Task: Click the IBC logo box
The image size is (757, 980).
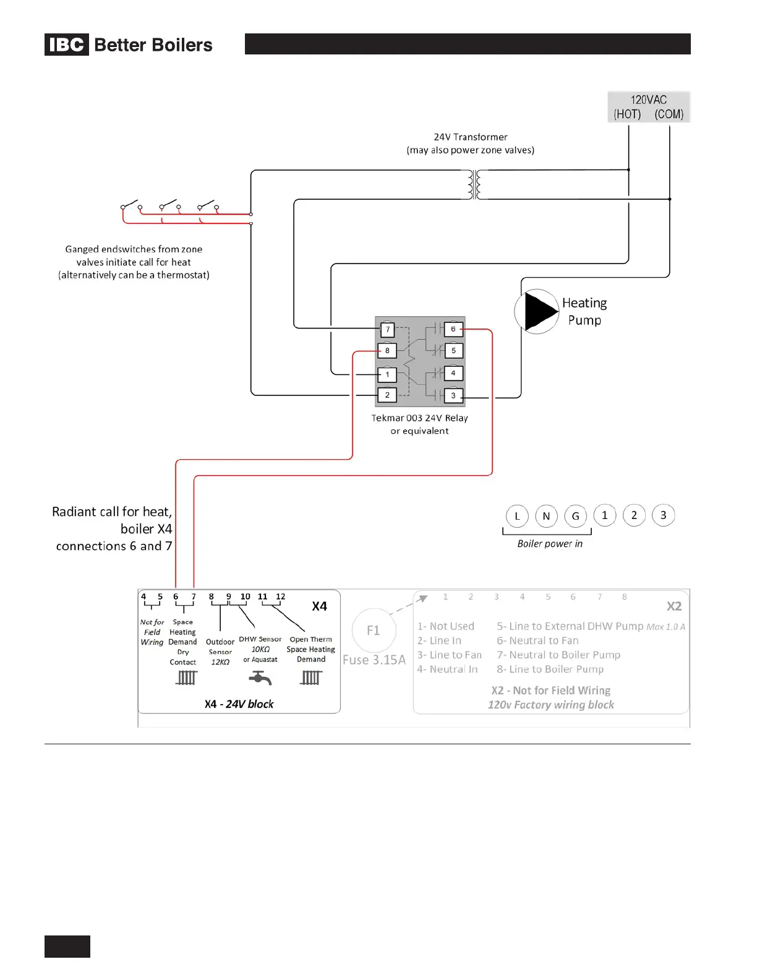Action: click(x=66, y=45)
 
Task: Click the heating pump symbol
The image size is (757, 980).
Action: click(x=537, y=311)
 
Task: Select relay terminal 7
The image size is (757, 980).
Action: click(x=387, y=330)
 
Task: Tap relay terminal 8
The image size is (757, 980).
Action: click(x=387, y=351)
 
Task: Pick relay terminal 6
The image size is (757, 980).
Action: click(x=453, y=329)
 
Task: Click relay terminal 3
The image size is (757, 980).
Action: click(x=453, y=395)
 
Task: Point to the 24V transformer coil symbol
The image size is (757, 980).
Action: click(x=474, y=184)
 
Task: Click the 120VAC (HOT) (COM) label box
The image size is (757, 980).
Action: click(x=648, y=107)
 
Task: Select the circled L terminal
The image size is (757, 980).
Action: click(x=517, y=516)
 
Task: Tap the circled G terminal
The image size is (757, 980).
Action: click(x=575, y=516)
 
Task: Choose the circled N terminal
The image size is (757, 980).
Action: click(x=546, y=516)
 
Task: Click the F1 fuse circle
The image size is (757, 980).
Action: click(x=373, y=630)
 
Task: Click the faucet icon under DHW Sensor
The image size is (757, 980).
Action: click(x=260, y=679)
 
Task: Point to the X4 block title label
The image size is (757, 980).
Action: click(x=319, y=606)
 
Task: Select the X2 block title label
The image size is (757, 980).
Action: click(x=674, y=606)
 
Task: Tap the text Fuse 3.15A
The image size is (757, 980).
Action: click(x=374, y=660)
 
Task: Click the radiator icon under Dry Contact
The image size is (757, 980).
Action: click(x=186, y=678)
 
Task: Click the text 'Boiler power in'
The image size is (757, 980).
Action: click(x=550, y=544)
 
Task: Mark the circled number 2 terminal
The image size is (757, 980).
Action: click(x=634, y=515)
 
